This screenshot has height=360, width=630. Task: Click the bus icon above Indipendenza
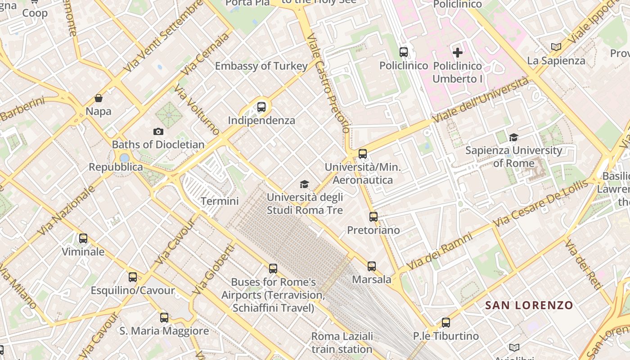pos(261,107)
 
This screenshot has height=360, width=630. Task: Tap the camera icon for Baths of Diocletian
pos(158,131)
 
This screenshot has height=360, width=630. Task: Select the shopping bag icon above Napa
pos(99,98)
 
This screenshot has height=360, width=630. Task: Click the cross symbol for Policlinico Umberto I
pos(458,53)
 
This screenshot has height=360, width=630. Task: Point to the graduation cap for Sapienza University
pos(513,137)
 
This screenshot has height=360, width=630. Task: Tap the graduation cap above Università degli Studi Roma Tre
pos(305,184)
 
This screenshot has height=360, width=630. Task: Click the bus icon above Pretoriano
pos(373,217)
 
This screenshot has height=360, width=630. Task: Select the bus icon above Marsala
pos(372,266)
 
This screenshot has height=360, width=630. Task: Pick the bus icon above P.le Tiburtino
pos(446,323)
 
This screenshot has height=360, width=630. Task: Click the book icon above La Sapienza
pos(556,47)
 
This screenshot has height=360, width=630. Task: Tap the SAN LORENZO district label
pos(529,306)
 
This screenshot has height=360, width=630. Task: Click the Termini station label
pos(220,201)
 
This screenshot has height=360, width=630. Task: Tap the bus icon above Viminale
pos(83,238)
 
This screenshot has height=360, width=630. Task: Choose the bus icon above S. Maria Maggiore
pos(164,318)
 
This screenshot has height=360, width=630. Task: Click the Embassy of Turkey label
pos(261,66)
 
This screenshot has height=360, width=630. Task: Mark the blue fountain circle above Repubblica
pos(125,158)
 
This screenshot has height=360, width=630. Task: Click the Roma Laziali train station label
pos(342,342)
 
